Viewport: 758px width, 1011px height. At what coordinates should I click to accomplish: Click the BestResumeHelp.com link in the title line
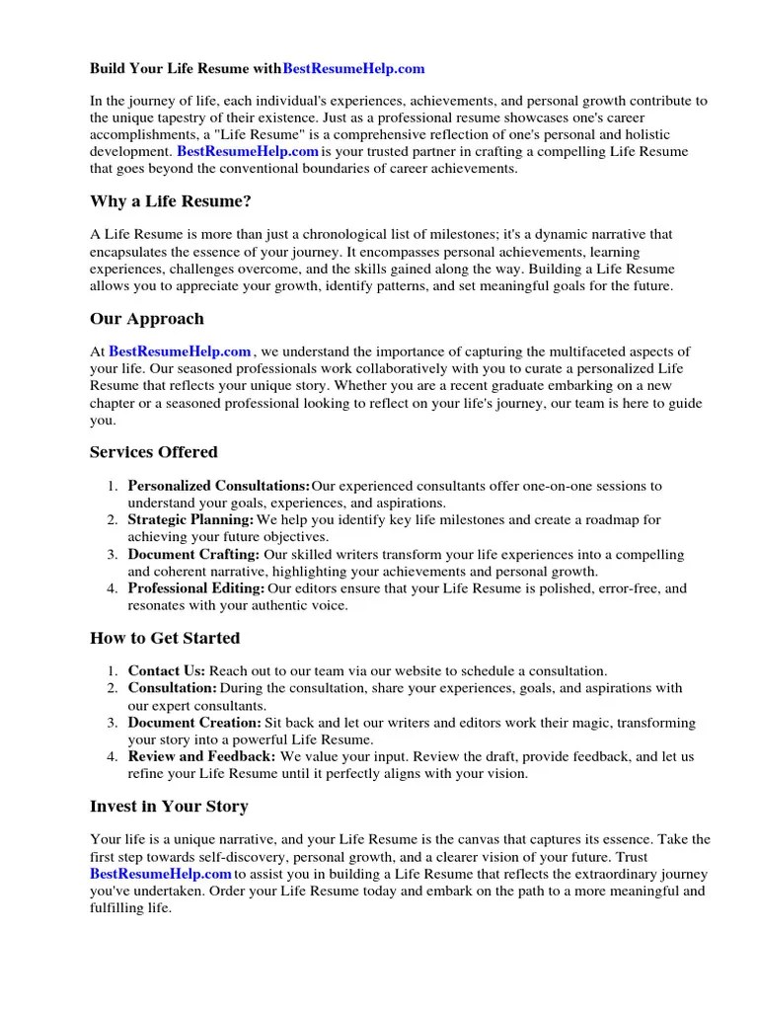tap(353, 69)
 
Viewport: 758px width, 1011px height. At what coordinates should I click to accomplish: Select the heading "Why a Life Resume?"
tap(171, 201)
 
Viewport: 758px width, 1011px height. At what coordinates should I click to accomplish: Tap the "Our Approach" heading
tap(147, 319)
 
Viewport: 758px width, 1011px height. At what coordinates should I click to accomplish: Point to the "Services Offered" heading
tap(154, 452)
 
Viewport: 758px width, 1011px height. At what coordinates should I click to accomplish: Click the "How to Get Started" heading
tap(165, 638)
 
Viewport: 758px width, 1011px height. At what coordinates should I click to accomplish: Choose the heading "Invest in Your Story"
tap(169, 807)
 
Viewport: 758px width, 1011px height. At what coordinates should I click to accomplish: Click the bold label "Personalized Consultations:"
tap(219, 486)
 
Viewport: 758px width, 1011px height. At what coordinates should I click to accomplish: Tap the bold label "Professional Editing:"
tap(196, 588)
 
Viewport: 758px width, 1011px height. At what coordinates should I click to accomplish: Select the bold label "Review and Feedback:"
tap(202, 756)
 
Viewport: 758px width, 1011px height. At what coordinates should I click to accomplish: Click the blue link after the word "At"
tap(180, 351)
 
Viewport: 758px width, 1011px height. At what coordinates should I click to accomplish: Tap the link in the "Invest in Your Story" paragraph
tap(161, 875)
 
